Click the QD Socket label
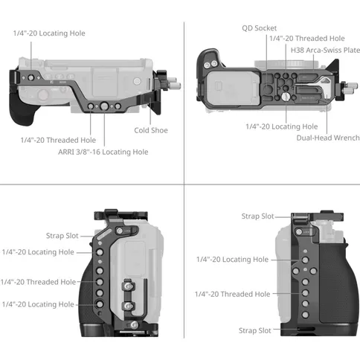tap(259, 28)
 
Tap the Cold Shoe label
tap(151, 130)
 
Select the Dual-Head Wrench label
tap(328, 138)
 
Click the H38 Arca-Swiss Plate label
tap(325, 51)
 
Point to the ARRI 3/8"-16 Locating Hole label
tap(103, 152)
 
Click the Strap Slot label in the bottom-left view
tap(62, 236)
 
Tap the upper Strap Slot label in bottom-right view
tap(257, 216)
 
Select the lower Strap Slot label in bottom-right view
tap(255, 330)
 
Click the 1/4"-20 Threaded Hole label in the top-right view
tap(307, 39)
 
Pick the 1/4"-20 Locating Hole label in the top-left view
tap(49, 33)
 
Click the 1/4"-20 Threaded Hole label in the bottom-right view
tap(232, 295)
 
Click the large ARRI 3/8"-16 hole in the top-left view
tap(104, 106)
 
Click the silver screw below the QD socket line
tap(286, 97)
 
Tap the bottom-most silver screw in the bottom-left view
tap(134, 324)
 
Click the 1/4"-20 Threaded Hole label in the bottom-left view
tap(38, 282)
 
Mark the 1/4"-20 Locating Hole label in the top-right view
tap(282, 126)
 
